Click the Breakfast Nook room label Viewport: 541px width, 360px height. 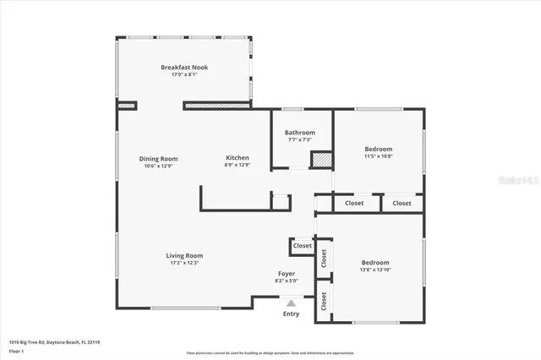184,67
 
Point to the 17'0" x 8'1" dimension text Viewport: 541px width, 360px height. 184,74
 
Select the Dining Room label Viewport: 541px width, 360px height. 158,158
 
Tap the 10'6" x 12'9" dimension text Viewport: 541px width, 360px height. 158,166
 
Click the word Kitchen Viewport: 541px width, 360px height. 237,158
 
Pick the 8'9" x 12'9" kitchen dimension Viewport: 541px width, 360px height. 237,166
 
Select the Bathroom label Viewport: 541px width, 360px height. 299,133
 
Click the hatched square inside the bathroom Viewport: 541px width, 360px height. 320,160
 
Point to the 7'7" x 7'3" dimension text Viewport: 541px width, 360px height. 299,140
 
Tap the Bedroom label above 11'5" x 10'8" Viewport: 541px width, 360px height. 378,148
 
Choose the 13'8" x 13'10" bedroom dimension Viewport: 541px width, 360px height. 374,270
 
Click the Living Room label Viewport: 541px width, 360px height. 183,255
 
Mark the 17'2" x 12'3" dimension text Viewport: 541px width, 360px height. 183,263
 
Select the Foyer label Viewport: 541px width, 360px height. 287,274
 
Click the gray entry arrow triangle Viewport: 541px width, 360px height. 291,303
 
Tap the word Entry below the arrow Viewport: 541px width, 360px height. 291,314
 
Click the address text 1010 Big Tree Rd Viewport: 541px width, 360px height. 30,342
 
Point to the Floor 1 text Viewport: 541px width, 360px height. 15,350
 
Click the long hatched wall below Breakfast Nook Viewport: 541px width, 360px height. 217,106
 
